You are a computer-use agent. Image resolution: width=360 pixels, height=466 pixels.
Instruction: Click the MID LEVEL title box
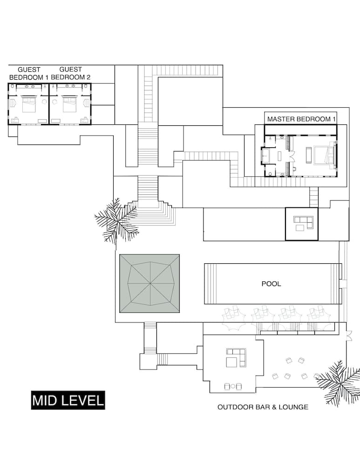click(x=68, y=400)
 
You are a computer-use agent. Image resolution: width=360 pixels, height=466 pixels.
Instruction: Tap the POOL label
click(x=271, y=284)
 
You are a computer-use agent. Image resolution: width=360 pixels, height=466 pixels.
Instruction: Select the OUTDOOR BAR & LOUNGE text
click(x=263, y=407)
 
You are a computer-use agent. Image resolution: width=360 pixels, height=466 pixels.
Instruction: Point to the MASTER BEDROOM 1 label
click(x=301, y=119)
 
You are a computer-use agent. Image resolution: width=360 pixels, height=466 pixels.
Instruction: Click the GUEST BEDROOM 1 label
click(x=28, y=74)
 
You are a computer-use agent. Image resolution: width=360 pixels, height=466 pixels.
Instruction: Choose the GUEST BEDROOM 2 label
click(x=71, y=74)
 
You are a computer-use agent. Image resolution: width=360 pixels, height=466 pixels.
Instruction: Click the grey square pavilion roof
click(x=149, y=283)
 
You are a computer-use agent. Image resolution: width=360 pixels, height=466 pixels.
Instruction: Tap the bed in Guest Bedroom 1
click(x=29, y=104)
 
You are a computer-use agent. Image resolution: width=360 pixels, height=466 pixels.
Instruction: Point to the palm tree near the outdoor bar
click(x=338, y=381)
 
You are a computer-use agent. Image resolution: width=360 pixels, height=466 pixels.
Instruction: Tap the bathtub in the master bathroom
click(x=265, y=155)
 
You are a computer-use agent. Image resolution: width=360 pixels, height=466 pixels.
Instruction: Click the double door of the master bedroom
click(x=292, y=156)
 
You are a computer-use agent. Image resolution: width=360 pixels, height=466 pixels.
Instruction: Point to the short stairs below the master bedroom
click(x=314, y=197)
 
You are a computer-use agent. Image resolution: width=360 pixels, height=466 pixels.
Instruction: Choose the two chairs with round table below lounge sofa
click(x=233, y=386)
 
